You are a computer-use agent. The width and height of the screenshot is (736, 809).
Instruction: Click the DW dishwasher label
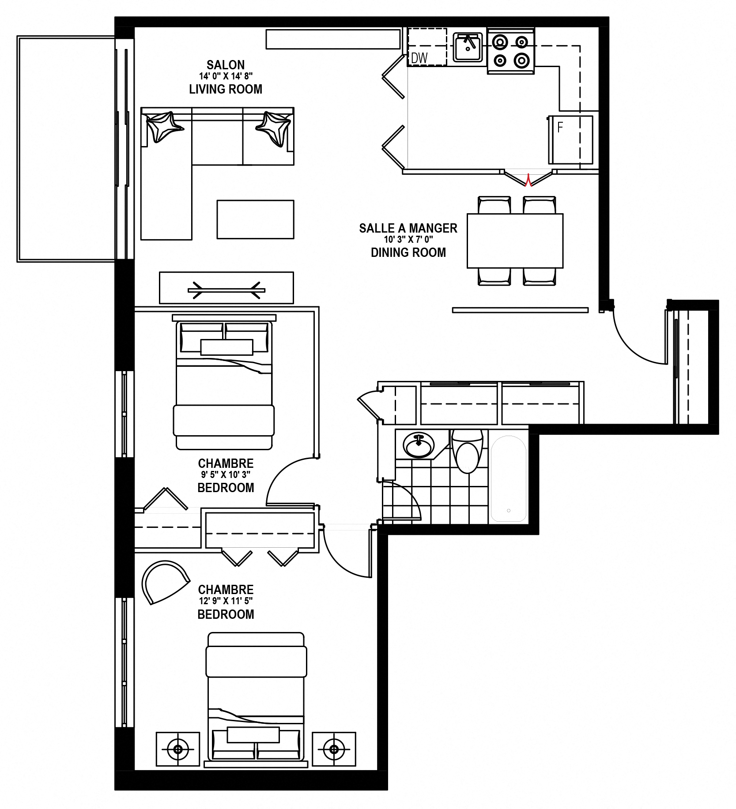(419, 58)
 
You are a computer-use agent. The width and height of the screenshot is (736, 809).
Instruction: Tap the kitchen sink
(468, 47)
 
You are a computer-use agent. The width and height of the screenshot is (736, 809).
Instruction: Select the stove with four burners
(511, 51)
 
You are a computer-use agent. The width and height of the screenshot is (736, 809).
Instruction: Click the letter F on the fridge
(560, 128)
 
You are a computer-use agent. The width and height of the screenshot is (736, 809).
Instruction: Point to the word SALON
(226, 65)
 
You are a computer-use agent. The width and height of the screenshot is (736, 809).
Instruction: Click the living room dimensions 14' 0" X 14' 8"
(226, 76)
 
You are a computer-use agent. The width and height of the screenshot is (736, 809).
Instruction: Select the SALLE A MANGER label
(408, 228)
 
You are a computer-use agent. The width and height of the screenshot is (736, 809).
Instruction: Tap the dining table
(515, 241)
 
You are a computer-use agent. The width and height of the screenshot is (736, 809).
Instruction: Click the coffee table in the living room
(255, 220)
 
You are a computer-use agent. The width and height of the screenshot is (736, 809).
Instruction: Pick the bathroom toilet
(467, 451)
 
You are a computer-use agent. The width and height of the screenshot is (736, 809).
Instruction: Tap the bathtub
(509, 479)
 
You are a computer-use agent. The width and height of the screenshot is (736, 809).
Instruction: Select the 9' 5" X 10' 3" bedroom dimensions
(226, 475)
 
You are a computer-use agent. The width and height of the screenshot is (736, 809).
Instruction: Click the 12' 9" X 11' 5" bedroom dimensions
(226, 601)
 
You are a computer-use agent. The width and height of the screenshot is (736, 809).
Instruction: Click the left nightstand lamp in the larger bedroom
(178, 749)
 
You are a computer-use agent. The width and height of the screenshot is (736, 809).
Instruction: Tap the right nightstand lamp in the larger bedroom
(334, 749)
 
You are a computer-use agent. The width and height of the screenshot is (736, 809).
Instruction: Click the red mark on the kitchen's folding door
(528, 180)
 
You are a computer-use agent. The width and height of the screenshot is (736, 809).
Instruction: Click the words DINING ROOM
(408, 252)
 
